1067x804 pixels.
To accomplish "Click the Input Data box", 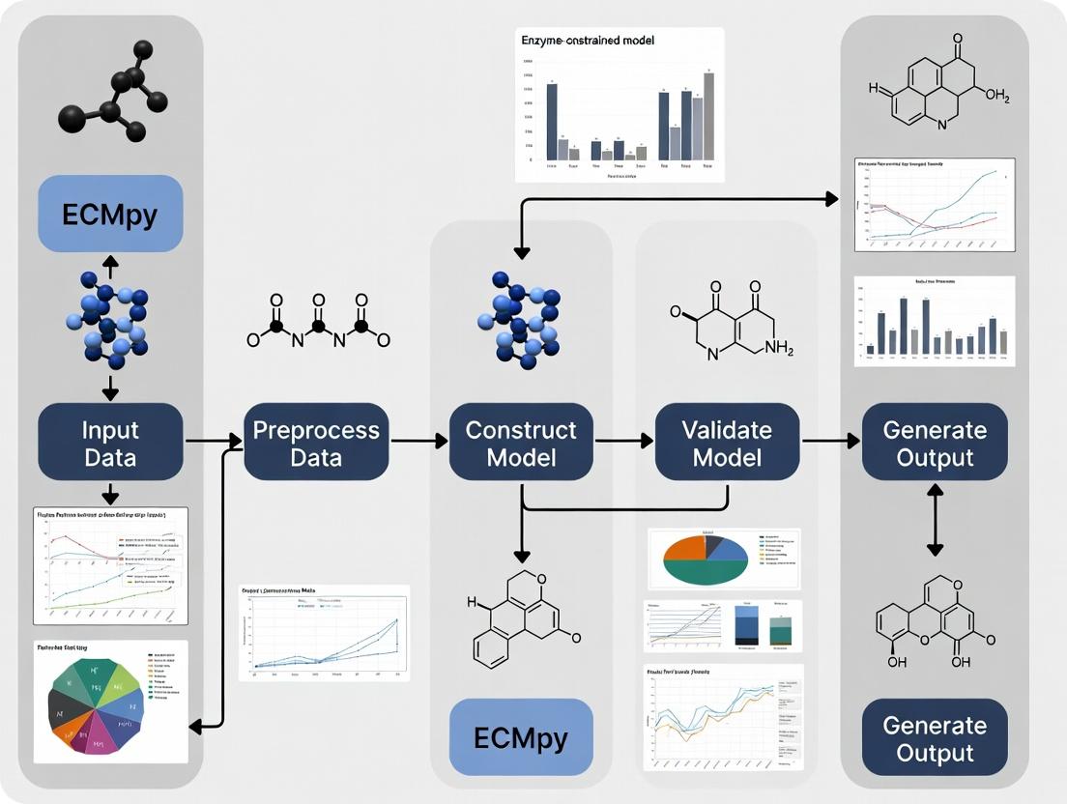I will pyautogui.click(x=110, y=443).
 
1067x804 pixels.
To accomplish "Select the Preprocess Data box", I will pyautogui.click(x=316, y=443).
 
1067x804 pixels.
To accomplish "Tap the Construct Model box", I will pyautogui.click(x=521, y=443).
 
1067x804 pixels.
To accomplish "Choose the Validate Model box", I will pyautogui.click(x=727, y=443).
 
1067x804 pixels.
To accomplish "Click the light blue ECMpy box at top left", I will pyautogui.click(x=109, y=215).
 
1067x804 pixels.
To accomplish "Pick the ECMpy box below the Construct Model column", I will pyautogui.click(x=520, y=738).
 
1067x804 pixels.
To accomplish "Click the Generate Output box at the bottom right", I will pyautogui.click(x=934, y=738).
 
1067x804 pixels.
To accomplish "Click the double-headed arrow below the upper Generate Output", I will pyautogui.click(x=935, y=520).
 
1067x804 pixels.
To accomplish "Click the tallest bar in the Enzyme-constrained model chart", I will pyautogui.click(x=708, y=116).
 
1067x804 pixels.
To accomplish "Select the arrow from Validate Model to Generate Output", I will pyautogui.click(x=830, y=442).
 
